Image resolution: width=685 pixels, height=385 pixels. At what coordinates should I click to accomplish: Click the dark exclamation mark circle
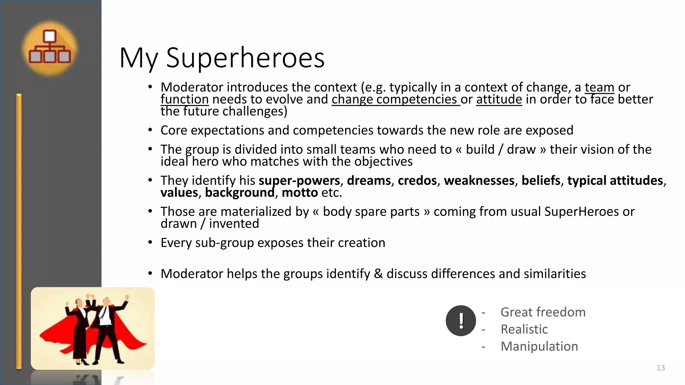click(x=461, y=320)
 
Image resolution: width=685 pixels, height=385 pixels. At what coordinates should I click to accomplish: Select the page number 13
click(x=661, y=368)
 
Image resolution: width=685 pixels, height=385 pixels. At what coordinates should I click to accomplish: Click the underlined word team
click(x=599, y=88)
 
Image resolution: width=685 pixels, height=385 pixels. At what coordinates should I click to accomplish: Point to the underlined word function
click(x=185, y=100)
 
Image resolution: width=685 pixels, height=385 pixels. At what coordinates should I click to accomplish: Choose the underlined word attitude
click(x=499, y=100)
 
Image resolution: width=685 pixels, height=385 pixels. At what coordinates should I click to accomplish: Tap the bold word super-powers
click(x=299, y=181)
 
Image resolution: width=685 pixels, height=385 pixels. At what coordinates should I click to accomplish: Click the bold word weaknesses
click(x=479, y=181)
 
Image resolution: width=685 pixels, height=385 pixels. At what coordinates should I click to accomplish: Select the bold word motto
click(x=300, y=193)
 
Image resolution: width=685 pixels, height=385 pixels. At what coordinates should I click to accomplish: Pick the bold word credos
click(x=417, y=181)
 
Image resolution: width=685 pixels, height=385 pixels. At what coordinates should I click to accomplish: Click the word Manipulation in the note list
click(x=539, y=347)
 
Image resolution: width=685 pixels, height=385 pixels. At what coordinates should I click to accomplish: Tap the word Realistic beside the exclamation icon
click(x=524, y=330)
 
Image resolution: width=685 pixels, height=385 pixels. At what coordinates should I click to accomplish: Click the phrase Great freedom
click(x=543, y=312)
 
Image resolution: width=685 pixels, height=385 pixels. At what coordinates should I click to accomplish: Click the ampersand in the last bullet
click(x=378, y=274)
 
